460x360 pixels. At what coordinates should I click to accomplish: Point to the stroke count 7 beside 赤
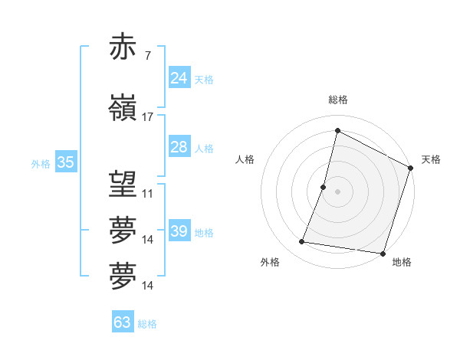click(147, 56)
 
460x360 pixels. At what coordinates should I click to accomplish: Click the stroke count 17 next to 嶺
click(148, 117)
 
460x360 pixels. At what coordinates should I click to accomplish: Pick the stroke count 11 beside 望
click(148, 193)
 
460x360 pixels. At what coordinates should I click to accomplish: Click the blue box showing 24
click(179, 78)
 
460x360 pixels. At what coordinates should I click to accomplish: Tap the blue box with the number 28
click(179, 147)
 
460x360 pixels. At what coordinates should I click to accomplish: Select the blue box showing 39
click(179, 231)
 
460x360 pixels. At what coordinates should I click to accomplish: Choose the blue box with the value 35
click(65, 162)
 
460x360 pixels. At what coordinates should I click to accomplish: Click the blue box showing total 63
click(123, 322)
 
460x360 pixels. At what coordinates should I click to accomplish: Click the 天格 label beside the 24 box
click(204, 80)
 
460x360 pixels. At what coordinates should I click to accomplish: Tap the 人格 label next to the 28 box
click(204, 149)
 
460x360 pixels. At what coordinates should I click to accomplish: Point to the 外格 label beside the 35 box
click(41, 164)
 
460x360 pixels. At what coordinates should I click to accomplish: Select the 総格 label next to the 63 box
click(147, 324)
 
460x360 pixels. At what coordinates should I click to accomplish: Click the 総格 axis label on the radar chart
click(338, 100)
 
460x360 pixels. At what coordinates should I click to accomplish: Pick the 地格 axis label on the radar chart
click(402, 262)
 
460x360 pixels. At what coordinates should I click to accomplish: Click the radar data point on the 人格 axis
click(324, 187)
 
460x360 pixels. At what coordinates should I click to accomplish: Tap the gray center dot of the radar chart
click(338, 191)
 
